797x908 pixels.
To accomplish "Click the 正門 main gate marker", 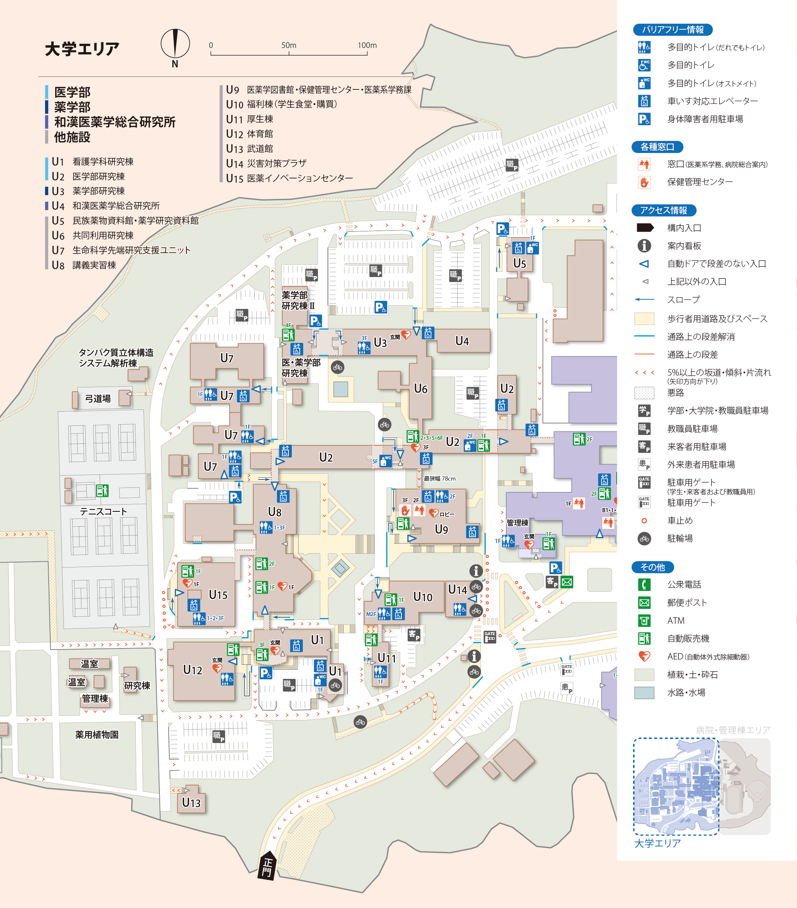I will pyautogui.click(x=267, y=866).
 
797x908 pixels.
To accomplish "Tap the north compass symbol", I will pyautogui.click(x=175, y=44).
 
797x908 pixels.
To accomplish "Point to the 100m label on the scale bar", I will pyautogui.click(x=367, y=45).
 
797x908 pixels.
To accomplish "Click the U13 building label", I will pyautogui.click(x=191, y=802).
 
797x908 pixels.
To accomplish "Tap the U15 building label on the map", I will pyautogui.click(x=218, y=594).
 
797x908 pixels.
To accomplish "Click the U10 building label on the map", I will pyautogui.click(x=422, y=597).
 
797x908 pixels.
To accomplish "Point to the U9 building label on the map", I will pyautogui.click(x=441, y=529).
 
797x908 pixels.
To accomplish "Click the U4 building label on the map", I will pyautogui.click(x=462, y=341).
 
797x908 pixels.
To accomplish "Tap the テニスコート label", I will pyautogui.click(x=103, y=511).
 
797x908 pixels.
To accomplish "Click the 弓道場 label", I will pyautogui.click(x=98, y=398).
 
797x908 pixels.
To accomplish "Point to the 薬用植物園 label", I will pyautogui.click(x=97, y=735).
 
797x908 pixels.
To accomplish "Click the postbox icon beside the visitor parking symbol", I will pyautogui.click(x=566, y=582).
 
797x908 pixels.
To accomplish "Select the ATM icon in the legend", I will pyautogui.click(x=644, y=621).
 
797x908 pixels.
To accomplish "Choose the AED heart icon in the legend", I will pyautogui.click(x=644, y=656).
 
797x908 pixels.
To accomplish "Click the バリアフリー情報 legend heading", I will pyautogui.click(x=672, y=30).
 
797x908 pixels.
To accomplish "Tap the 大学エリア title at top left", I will pyautogui.click(x=82, y=49).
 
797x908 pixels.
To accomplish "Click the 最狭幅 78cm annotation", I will pyautogui.click(x=439, y=478).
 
